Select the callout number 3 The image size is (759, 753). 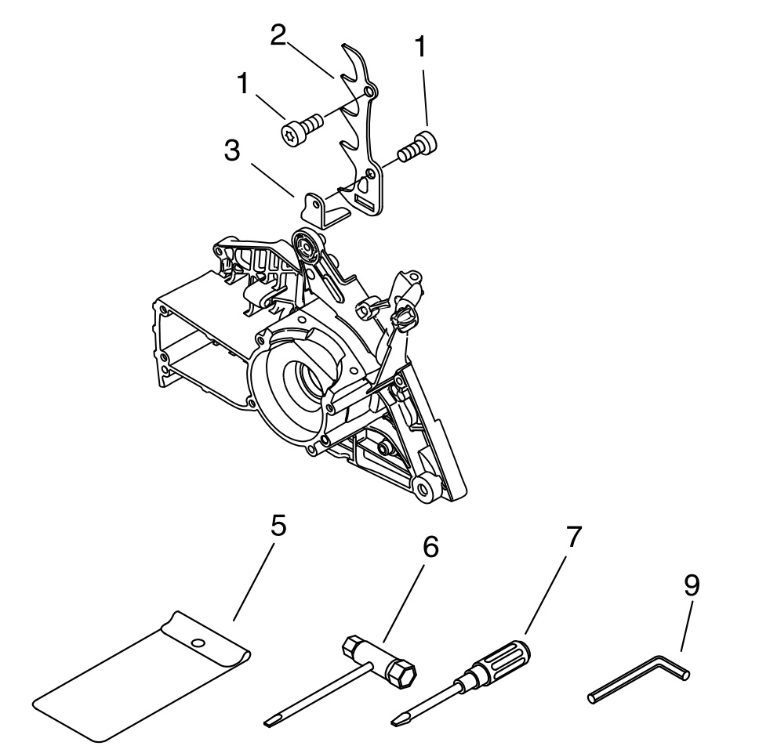[232, 150]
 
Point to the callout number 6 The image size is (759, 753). [430, 546]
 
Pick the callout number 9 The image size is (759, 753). [692, 585]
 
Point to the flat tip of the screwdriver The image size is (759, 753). [397, 720]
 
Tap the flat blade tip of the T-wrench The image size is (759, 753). [271, 722]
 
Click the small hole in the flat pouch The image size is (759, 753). [197, 643]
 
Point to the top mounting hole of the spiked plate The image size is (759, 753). [370, 92]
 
